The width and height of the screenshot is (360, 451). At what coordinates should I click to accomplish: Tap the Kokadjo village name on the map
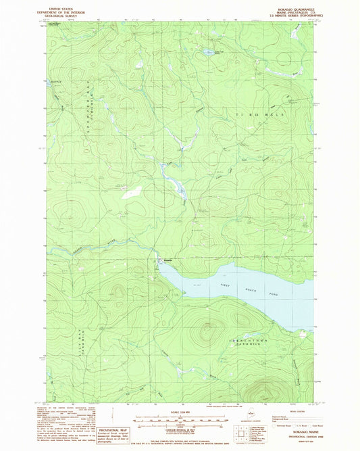[x=168, y=260]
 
